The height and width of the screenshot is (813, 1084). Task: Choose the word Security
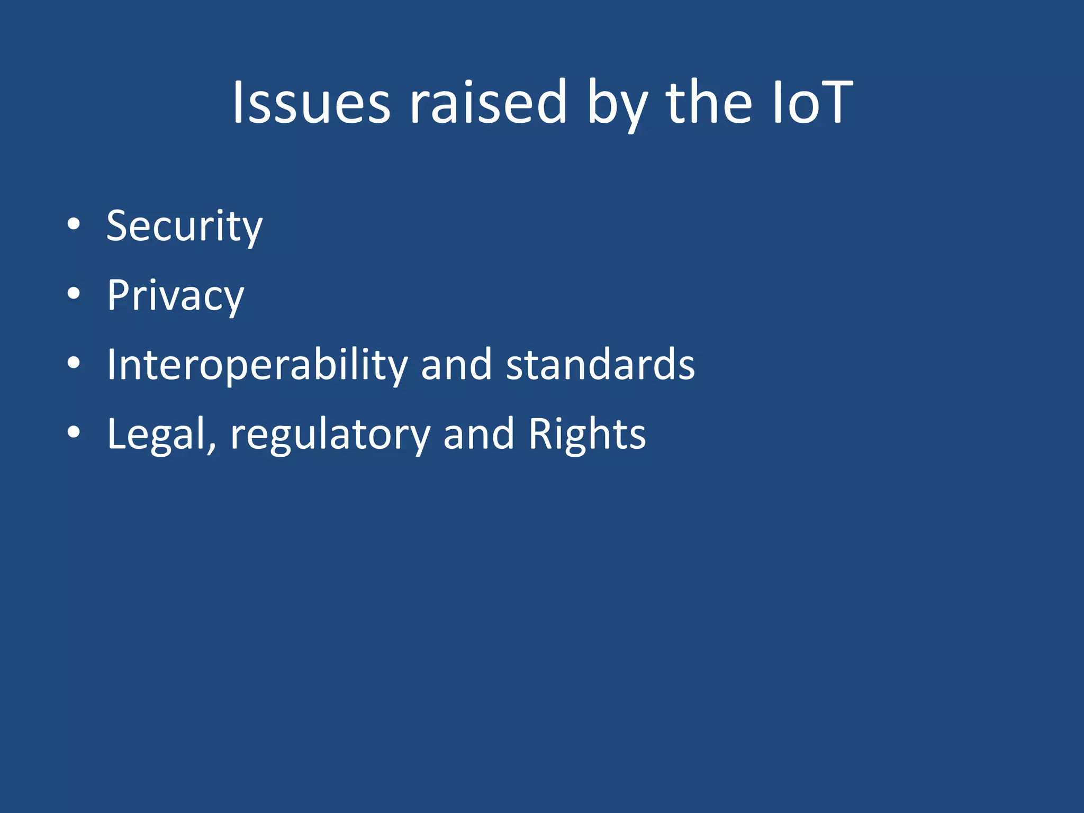184,227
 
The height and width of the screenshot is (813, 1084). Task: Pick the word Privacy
175,296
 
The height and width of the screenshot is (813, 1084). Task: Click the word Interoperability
257,365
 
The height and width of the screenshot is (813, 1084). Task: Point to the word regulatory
330,435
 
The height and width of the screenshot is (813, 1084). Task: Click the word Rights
587,434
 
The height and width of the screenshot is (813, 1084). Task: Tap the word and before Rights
478,434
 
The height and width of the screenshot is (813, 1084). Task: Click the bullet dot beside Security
74,224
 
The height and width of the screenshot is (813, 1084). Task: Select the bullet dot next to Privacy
74,294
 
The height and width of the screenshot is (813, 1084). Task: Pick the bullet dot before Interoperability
74,363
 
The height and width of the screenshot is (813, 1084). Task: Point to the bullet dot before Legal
74,432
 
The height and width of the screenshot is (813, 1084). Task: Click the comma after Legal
212,448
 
